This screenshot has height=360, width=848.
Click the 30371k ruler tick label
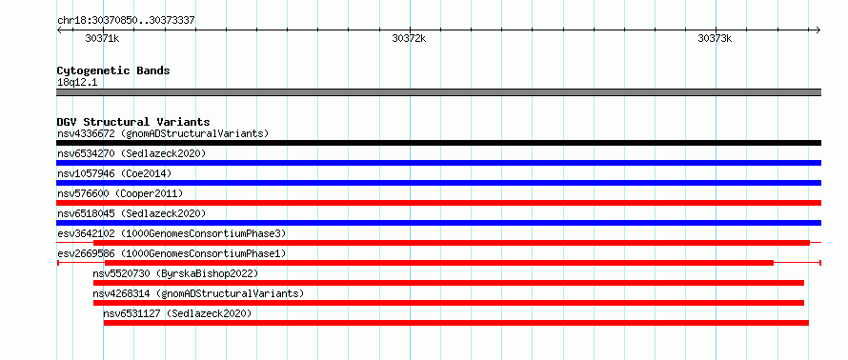point(102,38)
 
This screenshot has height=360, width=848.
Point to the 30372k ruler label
point(409,38)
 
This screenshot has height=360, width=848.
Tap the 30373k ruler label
point(715,38)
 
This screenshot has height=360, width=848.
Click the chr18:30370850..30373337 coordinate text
point(126,21)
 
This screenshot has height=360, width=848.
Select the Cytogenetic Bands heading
point(113,70)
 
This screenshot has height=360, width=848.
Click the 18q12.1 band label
point(73,83)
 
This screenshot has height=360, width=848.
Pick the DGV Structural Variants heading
point(133,122)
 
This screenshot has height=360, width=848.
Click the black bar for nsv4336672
point(438,143)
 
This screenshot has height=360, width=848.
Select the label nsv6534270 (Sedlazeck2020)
point(131,153)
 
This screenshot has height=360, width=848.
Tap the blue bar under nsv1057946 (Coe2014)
point(438,183)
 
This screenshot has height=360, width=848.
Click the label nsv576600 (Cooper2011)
point(120,193)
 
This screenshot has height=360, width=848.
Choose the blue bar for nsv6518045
point(438,223)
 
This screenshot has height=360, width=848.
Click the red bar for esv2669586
point(439,263)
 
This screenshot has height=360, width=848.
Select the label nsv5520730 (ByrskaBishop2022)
point(175,273)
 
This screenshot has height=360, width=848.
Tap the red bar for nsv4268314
point(449,303)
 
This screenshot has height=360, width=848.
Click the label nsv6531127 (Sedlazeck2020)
point(177,313)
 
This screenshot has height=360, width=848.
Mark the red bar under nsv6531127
point(455,323)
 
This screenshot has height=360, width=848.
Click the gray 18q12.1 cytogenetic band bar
point(438,92)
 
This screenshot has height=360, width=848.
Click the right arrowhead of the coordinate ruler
point(819,30)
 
